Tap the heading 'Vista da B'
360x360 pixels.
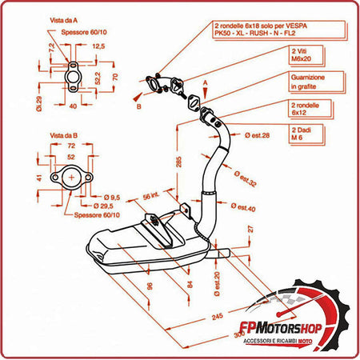click(x=62, y=135)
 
